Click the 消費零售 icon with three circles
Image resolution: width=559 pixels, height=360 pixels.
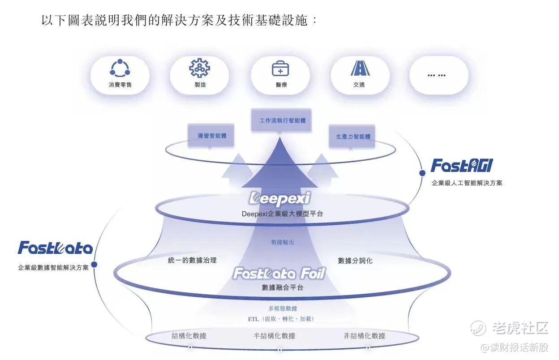coord(120,69)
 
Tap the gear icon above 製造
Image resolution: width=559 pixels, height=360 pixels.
coord(199,69)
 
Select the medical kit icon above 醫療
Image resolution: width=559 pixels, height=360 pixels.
coord(280,69)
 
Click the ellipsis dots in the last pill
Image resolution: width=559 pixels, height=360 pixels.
coord(436,75)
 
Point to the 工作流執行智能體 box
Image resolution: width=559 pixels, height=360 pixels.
coord(280,121)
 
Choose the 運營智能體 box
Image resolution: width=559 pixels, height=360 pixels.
coord(211,135)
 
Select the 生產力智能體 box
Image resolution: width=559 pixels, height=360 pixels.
coord(353,137)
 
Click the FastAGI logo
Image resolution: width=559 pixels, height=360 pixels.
coord(462,166)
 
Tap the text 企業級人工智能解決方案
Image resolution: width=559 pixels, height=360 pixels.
coord(467,183)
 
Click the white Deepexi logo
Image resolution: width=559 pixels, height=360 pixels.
coord(279,198)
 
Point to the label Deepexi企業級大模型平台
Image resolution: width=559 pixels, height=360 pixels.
coord(282,214)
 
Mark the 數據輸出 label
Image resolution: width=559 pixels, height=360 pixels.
coord(283,242)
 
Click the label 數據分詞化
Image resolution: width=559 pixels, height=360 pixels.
coord(355,261)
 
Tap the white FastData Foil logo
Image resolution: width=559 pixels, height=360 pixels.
coord(279,273)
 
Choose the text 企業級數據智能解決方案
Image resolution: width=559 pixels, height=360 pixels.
coord(53,268)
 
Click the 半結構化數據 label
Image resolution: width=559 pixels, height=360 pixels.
coord(275,336)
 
